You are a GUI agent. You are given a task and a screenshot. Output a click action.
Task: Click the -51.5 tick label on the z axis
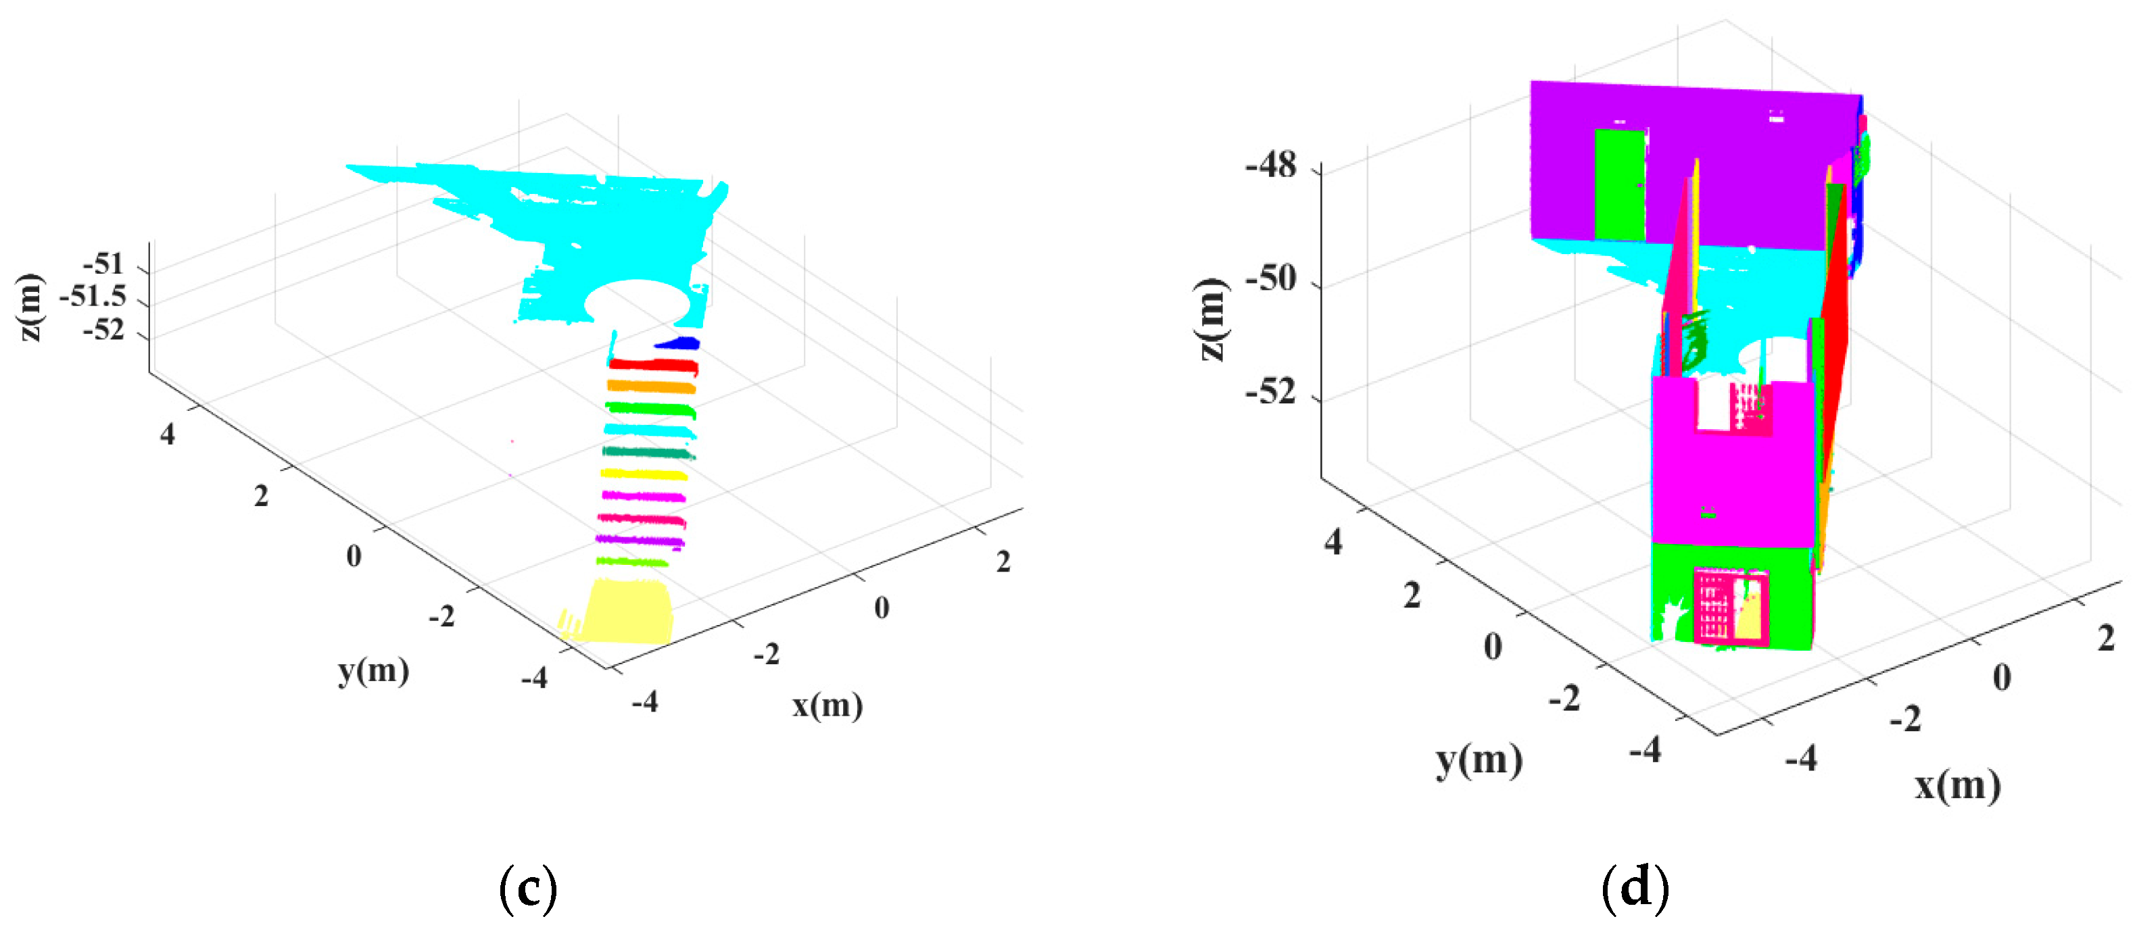93,296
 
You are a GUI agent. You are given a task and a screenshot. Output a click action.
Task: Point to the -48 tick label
1270,167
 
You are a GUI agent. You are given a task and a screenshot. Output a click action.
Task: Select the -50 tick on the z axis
1270,280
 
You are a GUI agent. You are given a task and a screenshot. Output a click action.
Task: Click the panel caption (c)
527,889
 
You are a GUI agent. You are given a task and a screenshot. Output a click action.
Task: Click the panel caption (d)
1634,889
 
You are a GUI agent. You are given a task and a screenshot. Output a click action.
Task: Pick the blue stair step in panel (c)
679,343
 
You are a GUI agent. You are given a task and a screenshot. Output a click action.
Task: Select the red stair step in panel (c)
653,364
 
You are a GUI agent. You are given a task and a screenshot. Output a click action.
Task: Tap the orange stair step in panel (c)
651,386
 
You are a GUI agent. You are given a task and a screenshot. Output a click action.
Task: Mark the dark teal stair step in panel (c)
646,452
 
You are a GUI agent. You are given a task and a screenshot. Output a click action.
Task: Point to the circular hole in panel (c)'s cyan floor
637,302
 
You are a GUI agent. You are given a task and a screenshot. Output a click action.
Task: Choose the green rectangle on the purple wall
1618,184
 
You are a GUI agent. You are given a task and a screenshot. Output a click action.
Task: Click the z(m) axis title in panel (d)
1212,320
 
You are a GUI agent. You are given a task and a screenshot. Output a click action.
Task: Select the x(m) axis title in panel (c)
827,706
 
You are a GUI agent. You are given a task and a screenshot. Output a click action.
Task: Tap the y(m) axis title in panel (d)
1479,761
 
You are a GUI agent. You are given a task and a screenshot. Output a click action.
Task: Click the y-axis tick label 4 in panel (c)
168,434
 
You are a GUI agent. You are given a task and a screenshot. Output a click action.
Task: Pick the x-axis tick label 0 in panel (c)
881,608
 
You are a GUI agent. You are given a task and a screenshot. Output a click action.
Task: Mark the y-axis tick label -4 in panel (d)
1645,750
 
